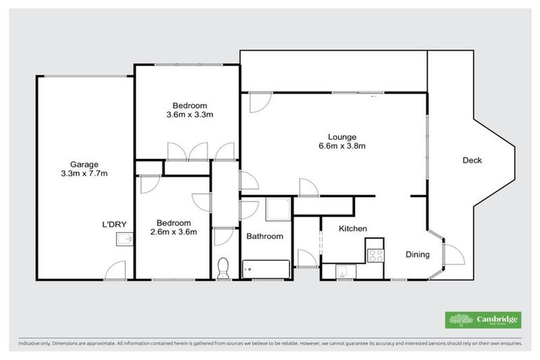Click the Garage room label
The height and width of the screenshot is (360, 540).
[84, 165]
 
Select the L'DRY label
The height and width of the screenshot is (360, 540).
[114, 224]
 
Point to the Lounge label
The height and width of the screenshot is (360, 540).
[342, 137]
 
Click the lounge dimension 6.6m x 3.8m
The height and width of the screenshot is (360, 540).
[342, 146]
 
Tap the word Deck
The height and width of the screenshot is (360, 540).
[472, 160]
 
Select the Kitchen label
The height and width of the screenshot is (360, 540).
[353, 229]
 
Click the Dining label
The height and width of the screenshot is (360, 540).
[417, 255]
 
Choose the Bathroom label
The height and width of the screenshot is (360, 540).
[264, 236]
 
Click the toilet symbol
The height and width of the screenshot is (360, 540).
[224, 268]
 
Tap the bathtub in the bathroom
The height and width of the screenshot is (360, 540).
[266, 268]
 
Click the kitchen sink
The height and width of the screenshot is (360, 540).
[345, 270]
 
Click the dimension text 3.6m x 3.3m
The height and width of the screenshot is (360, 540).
[190, 115]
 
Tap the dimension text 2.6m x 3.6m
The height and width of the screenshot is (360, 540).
[174, 232]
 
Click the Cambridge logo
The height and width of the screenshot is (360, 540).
[484, 320]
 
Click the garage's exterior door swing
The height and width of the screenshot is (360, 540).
[117, 270]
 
